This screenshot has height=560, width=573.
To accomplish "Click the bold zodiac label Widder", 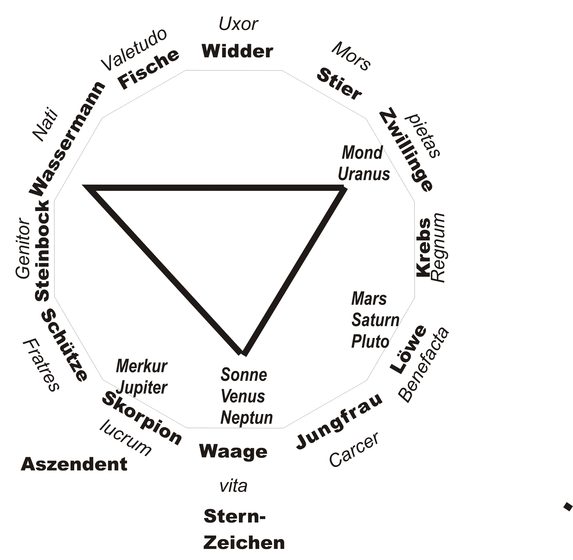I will pos(237,52).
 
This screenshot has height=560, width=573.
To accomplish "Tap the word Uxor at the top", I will pos(238,24).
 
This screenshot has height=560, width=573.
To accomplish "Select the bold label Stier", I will pos(339,84).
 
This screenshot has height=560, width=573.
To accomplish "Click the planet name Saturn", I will pos(375,320).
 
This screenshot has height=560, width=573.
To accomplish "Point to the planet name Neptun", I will pos(246,418).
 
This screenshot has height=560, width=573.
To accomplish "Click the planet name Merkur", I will pos(142,366).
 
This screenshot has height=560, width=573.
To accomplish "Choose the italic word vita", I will pos(233,487).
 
